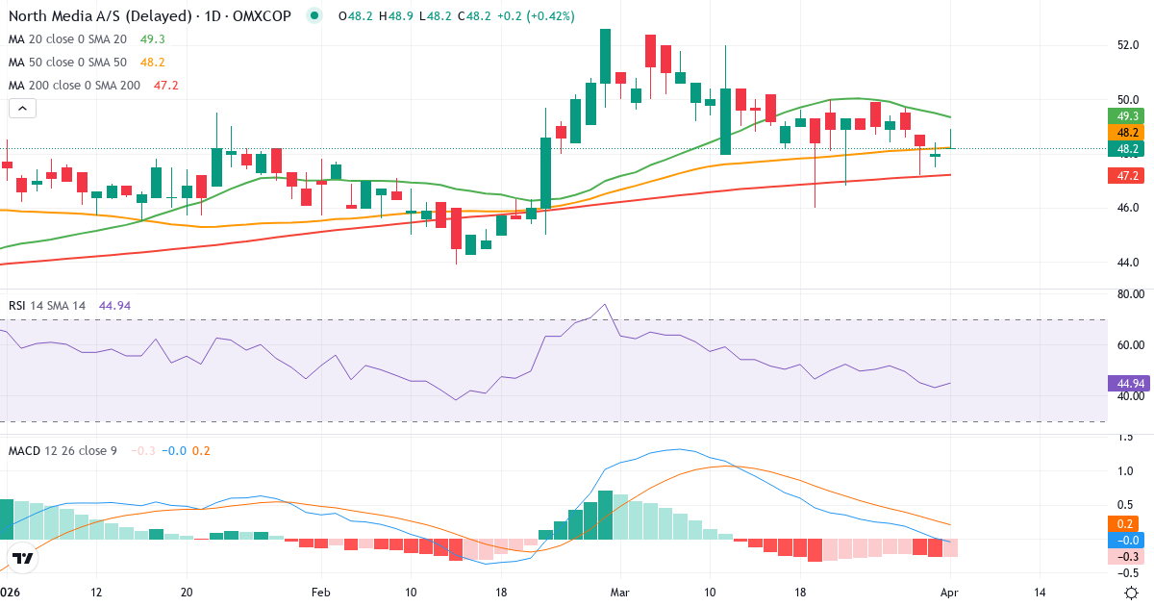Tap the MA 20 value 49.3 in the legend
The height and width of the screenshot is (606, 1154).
153,39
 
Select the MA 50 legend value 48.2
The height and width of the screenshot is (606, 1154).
153,63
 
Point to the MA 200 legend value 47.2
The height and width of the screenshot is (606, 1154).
166,86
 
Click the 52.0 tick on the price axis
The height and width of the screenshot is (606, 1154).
1127,45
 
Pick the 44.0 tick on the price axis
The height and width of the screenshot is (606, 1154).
1127,263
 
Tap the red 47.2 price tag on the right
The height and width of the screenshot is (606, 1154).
1123,176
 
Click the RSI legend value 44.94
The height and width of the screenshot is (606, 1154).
114,306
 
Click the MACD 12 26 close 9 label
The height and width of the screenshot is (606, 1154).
63,450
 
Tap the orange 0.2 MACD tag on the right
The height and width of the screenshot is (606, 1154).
1122,524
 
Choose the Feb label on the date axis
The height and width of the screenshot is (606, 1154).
320,592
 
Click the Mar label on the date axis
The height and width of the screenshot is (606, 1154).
620,592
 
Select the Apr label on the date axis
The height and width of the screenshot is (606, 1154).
951,592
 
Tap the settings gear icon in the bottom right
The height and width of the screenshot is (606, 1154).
1132,592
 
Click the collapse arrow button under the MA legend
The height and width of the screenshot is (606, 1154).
21,109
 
